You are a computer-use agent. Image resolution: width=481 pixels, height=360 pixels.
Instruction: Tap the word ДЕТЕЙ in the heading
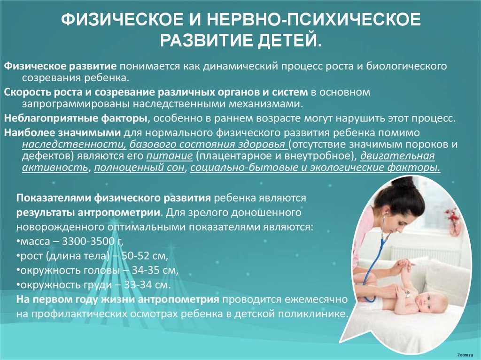click(289, 40)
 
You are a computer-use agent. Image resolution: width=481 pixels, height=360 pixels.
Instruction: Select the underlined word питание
click(169, 156)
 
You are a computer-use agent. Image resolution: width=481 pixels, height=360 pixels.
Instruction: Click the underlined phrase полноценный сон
click(139, 168)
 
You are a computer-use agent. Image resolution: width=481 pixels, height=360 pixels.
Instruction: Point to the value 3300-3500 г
click(93, 241)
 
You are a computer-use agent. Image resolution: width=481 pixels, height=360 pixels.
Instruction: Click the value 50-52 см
click(145, 256)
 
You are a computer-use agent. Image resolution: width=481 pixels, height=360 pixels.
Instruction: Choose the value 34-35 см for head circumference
click(155, 270)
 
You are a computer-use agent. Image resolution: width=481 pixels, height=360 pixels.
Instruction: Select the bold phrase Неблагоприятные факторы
click(76, 118)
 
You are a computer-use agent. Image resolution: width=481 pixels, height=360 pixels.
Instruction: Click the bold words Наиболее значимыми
click(62, 133)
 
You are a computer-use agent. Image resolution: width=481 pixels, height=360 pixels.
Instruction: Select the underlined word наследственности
click(74, 144)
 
